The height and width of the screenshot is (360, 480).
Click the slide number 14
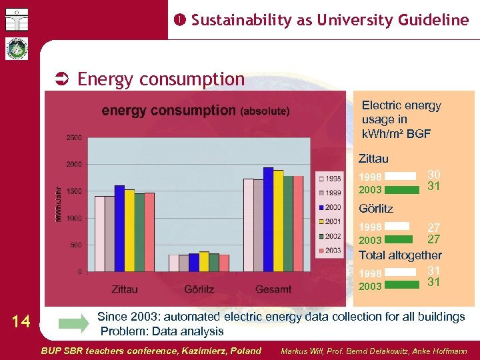(21, 322)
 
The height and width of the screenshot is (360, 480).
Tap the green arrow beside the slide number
(73, 325)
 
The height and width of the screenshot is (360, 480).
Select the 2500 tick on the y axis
(73, 137)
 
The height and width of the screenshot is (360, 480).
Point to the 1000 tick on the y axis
(73, 218)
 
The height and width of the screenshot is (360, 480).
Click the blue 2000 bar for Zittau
(119, 228)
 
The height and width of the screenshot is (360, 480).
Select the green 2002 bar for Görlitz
(214, 262)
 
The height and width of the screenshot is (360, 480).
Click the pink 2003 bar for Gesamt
(298, 224)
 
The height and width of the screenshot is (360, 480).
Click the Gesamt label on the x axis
(273, 289)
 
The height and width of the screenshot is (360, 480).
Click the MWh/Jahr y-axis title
(58, 205)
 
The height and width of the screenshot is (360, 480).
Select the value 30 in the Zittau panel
(433, 173)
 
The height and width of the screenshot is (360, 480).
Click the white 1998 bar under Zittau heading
(399, 177)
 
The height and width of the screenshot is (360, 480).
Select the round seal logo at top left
(15, 49)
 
